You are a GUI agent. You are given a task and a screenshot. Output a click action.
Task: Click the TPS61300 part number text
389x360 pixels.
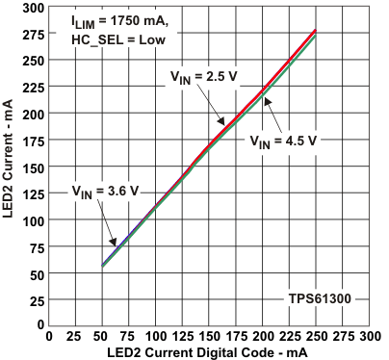click(x=319, y=299)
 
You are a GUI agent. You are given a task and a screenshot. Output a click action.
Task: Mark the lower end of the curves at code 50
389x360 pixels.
click(x=102, y=266)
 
